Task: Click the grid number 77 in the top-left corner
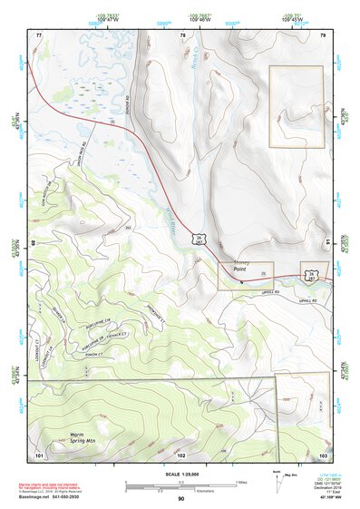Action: point(39,34)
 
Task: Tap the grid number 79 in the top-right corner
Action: point(322,34)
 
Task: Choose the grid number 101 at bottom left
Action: point(39,453)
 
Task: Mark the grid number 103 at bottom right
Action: point(323,454)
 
